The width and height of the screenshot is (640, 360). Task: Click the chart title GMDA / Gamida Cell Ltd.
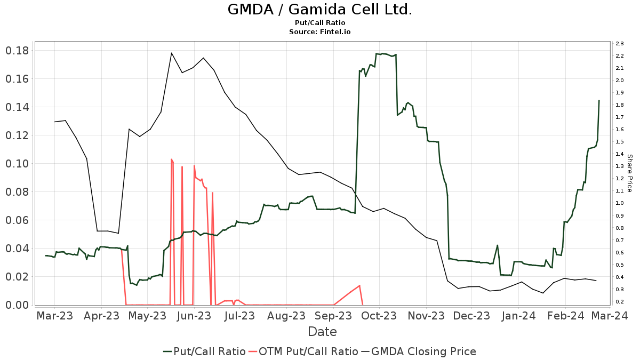click(319, 10)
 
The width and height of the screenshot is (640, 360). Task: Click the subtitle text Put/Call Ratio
click(319, 23)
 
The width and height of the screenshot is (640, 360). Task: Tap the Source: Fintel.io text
click(319, 32)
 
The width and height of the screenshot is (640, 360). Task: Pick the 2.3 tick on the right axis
click(619, 44)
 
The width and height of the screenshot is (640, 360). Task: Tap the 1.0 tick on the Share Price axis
click(619, 203)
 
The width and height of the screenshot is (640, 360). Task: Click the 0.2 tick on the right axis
click(619, 302)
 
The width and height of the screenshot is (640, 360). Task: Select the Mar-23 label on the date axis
click(54, 316)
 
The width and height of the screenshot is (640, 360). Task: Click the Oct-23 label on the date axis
click(378, 316)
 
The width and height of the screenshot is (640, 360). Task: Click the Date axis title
click(322, 332)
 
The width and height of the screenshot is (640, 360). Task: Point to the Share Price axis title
click(630, 173)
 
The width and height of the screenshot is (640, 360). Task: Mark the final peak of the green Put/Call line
click(599, 100)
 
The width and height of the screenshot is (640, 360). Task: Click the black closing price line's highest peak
click(172, 53)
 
